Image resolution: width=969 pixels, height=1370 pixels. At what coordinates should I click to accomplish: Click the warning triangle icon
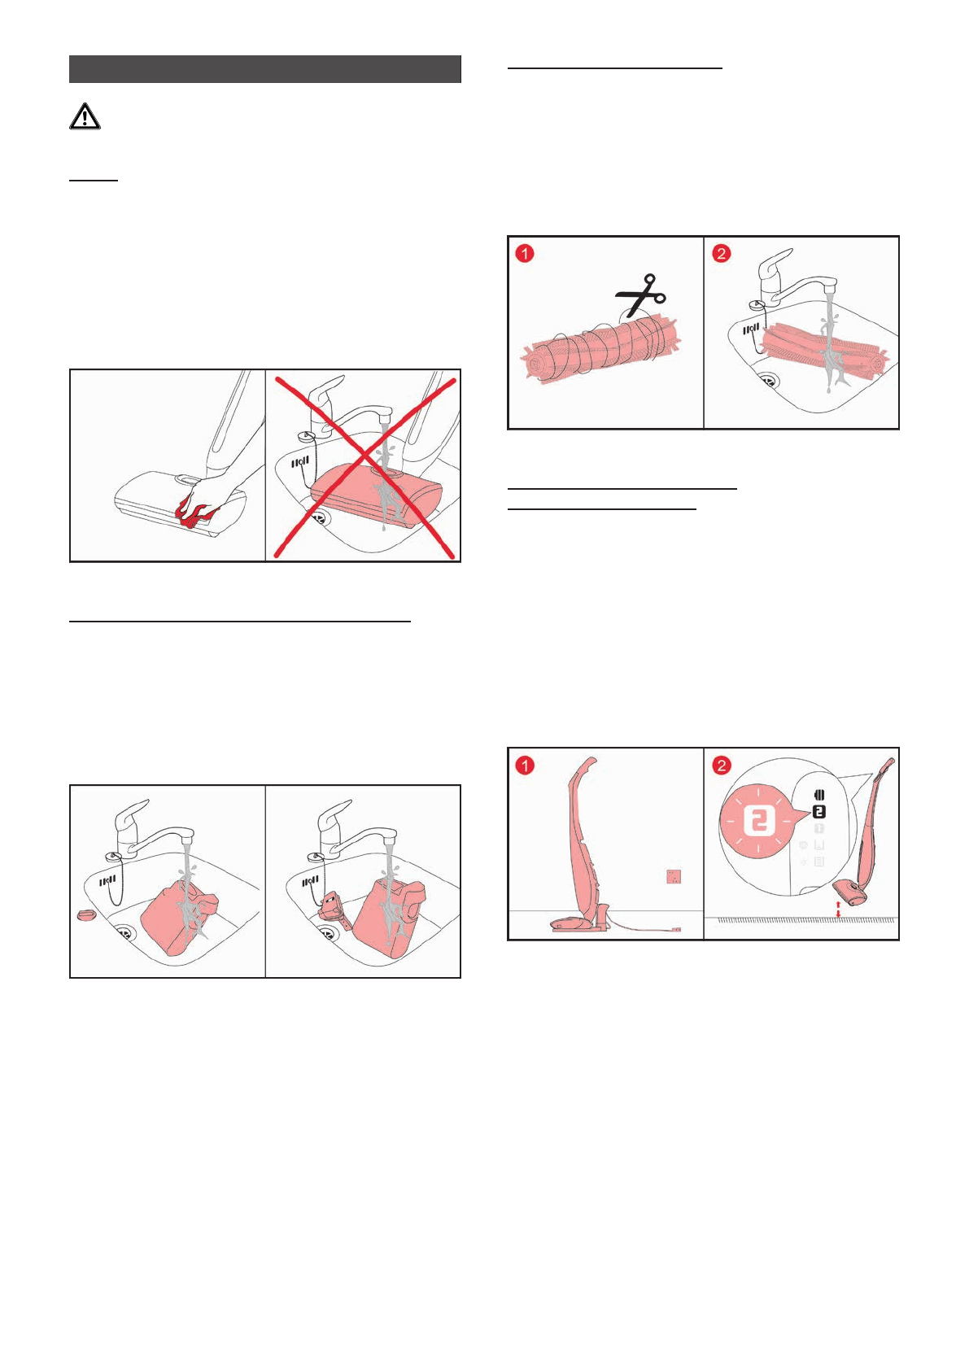click(x=85, y=116)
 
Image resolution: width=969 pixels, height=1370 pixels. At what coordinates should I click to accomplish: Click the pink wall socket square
click(x=674, y=876)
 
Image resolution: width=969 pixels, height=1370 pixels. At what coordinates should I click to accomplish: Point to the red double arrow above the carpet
click(x=838, y=909)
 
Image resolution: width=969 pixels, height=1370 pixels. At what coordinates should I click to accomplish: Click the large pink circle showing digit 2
click(x=758, y=821)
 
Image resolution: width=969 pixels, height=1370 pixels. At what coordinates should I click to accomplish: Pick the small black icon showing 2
click(x=819, y=812)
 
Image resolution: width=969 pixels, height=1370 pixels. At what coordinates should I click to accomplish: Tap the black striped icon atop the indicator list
click(x=820, y=795)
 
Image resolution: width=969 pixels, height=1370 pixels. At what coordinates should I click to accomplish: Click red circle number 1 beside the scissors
click(x=525, y=253)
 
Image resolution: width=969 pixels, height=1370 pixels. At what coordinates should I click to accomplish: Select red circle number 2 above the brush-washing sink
click(x=721, y=253)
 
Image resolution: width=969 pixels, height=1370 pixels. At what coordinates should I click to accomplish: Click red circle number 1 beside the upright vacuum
click(x=525, y=765)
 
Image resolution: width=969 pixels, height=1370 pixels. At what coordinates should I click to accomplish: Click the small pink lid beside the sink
click(x=86, y=914)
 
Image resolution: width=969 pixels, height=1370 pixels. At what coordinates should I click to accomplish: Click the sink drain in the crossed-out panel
click(x=319, y=519)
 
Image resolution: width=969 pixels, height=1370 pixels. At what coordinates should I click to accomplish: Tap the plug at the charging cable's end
click(x=675, y=930)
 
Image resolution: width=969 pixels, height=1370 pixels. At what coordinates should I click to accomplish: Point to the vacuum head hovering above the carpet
click(x=850, y=893)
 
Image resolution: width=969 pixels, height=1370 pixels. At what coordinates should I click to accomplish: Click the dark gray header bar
click(x=265, y=69)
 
